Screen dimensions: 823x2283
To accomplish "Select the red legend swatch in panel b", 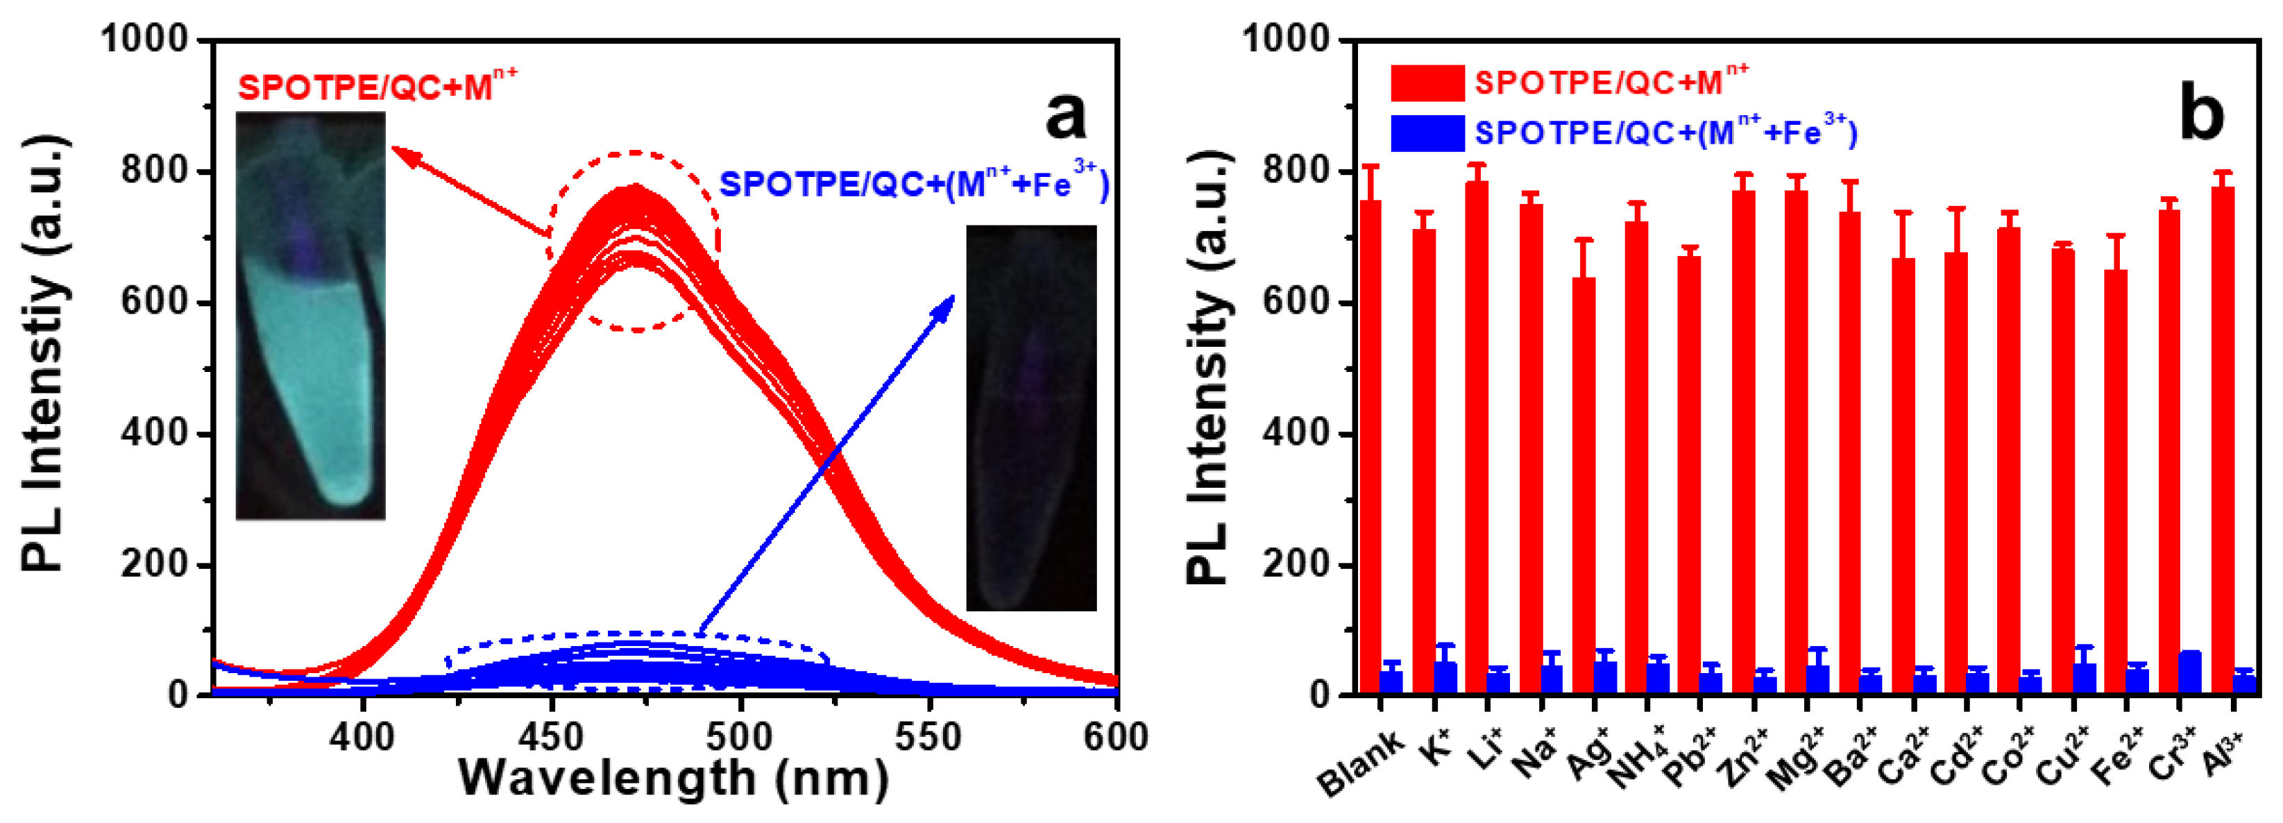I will coord(1427,83).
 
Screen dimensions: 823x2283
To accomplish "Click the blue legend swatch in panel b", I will coord(1427,133).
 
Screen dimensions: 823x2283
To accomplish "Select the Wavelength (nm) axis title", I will coord(674,779).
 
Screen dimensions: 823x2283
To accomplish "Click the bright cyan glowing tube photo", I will coord(311,314).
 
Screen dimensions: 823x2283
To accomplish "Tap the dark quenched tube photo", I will coord(1030,417).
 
